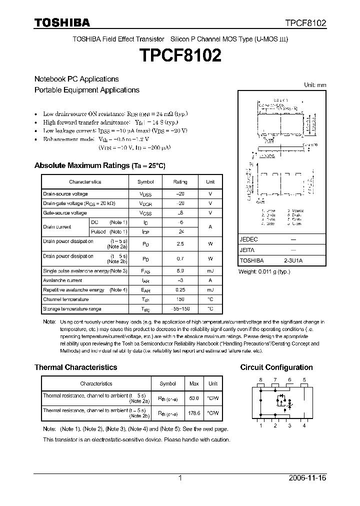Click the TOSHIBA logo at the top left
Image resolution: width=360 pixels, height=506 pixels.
pyautogui.click(x=62, y=22)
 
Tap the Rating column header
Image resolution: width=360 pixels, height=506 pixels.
pyautogui.click(x=180, y=182)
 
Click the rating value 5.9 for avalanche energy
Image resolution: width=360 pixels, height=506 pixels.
pyautogui.click(x=180, y=270)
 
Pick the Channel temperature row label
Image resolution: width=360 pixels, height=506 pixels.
pyautogui.click(x=66, y=299)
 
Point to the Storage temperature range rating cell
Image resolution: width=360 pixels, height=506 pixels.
pyautogui.click(x=180, y=309)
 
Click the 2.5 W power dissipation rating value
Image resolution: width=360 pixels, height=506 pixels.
pyautogui.click(x=180, y=243)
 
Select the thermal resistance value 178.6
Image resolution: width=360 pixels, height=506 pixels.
pyautogui.click(x=193, y=413)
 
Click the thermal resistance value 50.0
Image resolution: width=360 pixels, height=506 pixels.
pyautogui.click(x=193, y=398)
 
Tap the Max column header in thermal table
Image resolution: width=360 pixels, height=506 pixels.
pyautogui.click(x=193, y=384)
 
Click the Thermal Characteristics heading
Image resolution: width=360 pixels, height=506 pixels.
pyautogui.click(x=75, y=367)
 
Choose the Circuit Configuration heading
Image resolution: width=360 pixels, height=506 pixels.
pyautogui.click(x=276, y=367)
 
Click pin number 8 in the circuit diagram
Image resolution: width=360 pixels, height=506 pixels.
pyautogui.click(x=260, y=380)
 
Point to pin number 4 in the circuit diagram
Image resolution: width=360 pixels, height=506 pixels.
pyautogui.click(x=304, y=425)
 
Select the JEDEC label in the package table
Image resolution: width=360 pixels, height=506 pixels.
pyautogui.click(x=248, y=239)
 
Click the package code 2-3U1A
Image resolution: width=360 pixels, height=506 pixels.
pyautogui.click(x=293, y=260)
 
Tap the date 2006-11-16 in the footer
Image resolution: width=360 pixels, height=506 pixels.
pyautogui.click(x=307, y=478)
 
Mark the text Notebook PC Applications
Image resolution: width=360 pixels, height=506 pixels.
pyautogui.click(x=76, y=79)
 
